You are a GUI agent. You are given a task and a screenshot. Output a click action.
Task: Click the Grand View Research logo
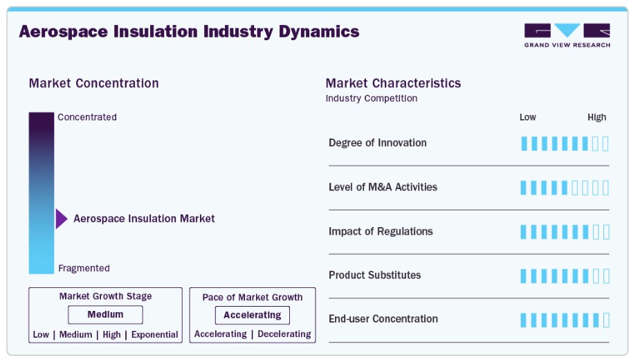tap(567, 35)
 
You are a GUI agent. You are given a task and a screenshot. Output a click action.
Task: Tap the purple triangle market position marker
tap(62, 219)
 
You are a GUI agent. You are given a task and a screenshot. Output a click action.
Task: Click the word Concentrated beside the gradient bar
tap(87, 117)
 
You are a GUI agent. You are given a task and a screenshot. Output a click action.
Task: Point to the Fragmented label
tap(84, 268)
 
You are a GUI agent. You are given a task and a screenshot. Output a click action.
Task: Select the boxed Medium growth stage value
tap(105, 314)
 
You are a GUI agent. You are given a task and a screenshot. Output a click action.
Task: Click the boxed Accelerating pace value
tap(253, 316)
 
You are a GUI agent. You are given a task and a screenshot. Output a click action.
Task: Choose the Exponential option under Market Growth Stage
tap(154, 334)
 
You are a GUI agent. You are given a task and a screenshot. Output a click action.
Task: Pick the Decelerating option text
tap(284, 334)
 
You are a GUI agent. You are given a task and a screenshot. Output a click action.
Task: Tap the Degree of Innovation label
tap(378, 143)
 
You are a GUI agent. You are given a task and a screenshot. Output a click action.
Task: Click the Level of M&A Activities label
tap(383, 187)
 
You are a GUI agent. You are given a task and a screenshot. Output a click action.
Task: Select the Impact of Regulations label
tap(381, 231)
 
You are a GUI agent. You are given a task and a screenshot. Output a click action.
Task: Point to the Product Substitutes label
tap(374, 276)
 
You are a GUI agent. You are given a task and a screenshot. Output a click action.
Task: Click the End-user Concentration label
tap(383, 319)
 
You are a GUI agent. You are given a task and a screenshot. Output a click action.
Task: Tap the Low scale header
tap(527, 117)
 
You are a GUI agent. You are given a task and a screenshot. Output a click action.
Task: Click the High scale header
tap(597, 117)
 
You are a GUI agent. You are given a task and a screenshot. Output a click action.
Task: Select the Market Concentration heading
tap(94, 83)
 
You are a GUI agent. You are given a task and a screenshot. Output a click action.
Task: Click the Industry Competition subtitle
tap(372, 98)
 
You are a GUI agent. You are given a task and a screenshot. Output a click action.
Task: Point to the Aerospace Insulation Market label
tap(144, 219)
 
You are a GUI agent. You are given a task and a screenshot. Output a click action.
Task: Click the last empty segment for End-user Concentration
tap(606, 321)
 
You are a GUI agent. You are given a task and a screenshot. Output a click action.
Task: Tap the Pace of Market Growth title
tap(253, 298)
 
